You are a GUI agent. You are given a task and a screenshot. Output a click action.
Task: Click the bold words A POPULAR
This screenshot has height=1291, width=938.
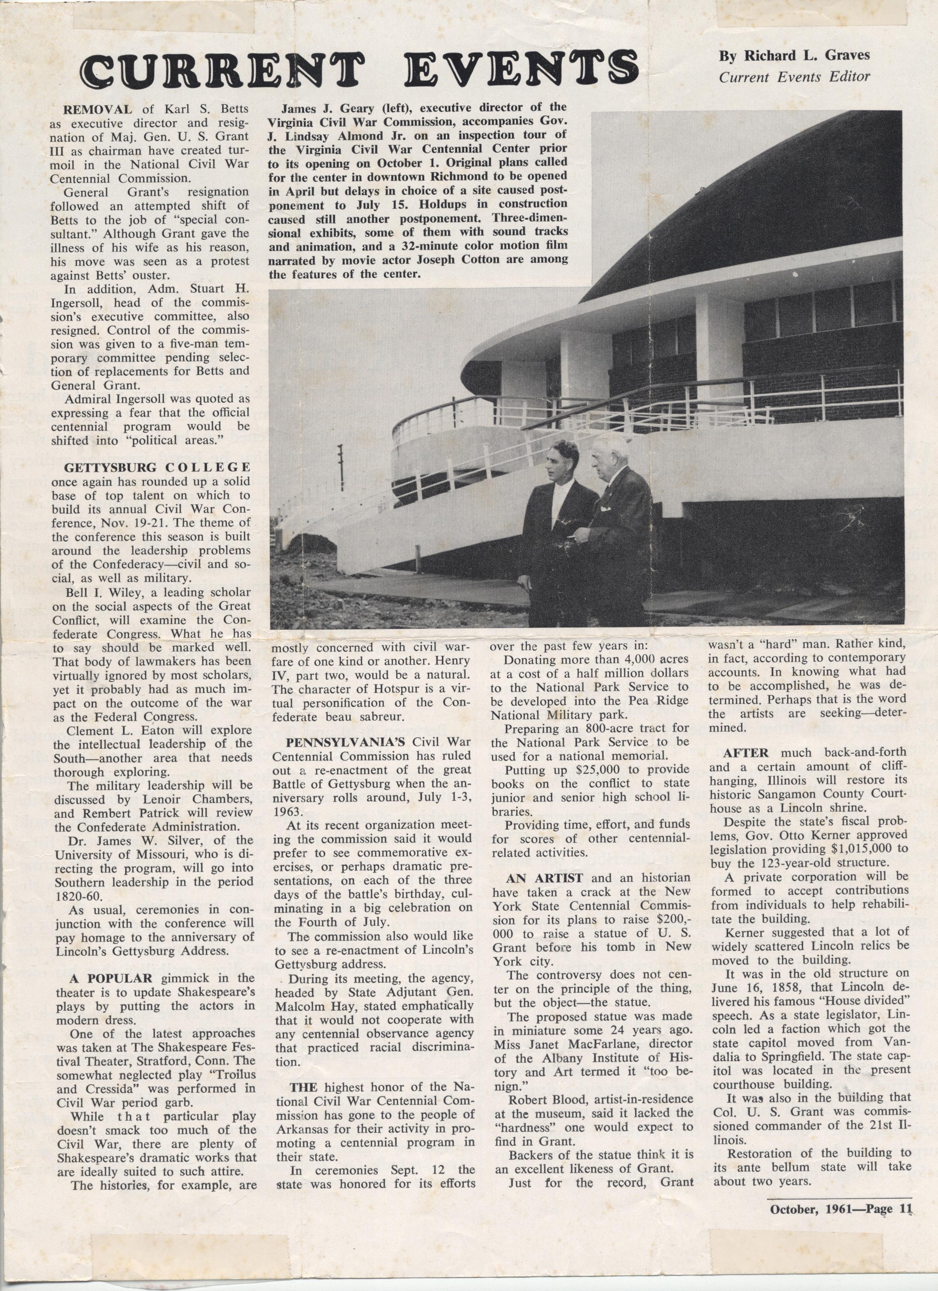(x=111, y=978)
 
